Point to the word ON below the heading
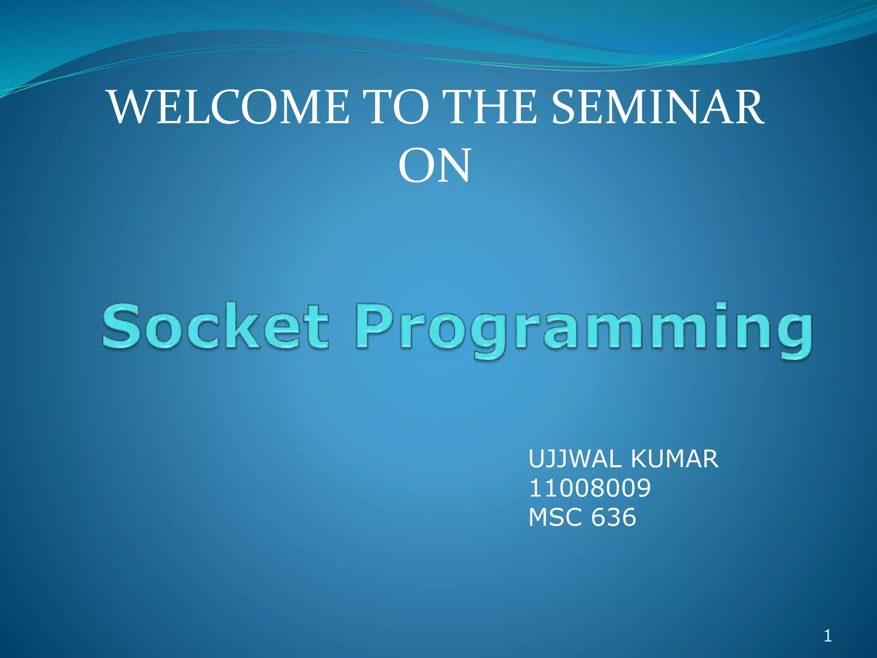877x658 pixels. coord(434,166)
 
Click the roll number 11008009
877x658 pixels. coord(590,488)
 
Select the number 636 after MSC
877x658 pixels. coord(613,517)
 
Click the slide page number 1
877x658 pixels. coord(827,636)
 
